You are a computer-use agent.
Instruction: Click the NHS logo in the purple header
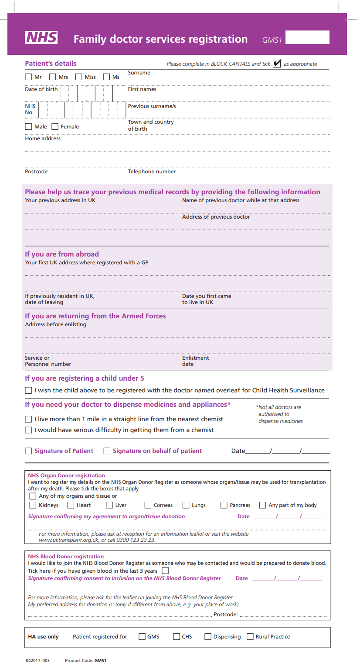(x=41, y=38)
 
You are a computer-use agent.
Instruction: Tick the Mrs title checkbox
(x=53, y=77)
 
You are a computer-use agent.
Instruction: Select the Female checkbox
(x=55, y=127)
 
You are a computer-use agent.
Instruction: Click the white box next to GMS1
(x=307, y=37)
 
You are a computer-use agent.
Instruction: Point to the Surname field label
(x=139, y=73)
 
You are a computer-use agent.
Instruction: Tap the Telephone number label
(x=152, y=172)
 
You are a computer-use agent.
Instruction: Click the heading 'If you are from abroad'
(x=62, y=254)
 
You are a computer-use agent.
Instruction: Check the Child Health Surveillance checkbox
(x=28, y=391)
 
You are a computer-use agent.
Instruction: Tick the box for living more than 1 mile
(x=28, y=419)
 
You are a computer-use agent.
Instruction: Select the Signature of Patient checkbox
(x=28, y=451)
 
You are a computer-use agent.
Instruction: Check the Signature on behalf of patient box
(x=107, y=451)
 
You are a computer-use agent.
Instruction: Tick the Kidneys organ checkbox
(x=33, y=505)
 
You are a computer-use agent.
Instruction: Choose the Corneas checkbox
(x=148, y=505)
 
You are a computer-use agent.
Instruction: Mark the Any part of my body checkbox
(x=262, y=505)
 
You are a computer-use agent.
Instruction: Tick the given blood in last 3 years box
(x=165, y=571)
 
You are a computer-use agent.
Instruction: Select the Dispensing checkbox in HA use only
(x=208, y=637)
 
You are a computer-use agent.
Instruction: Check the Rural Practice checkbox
(x=250, y=637)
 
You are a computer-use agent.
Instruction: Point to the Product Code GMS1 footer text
(x=85, y=660)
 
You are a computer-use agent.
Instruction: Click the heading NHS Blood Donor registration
(x=66, y=557)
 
